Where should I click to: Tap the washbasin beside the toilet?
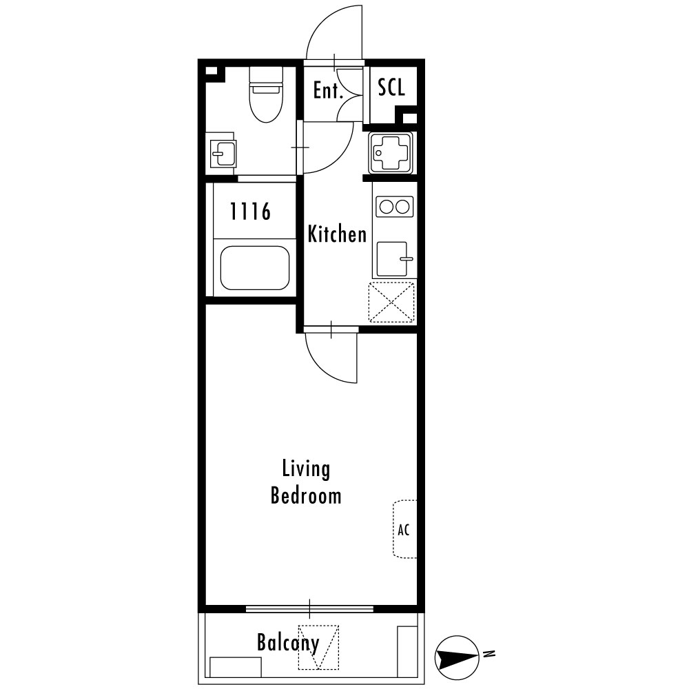(x=223, y=154)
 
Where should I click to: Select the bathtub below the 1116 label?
(x=254, y=267)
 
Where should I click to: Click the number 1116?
(x=250, y=212)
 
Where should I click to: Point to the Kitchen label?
(x=337, y=234)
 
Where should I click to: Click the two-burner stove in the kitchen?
(x=395, y=207)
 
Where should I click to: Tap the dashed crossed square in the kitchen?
(x=391, y=302)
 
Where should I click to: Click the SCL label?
(x=391, y=87)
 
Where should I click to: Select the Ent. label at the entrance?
(x=328, y=90)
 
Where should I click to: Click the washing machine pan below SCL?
(x=391, y=152)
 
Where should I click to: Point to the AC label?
(x=403, y=530)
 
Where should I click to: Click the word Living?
(x=306, y=469)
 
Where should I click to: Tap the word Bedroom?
(x=306, y=495)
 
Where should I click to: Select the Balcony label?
(x=288, y=644)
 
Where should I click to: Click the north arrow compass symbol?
(x=457, y=658)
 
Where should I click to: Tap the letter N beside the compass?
(x=489, y=654)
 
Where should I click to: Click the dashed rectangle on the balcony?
(x=318, y=647)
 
